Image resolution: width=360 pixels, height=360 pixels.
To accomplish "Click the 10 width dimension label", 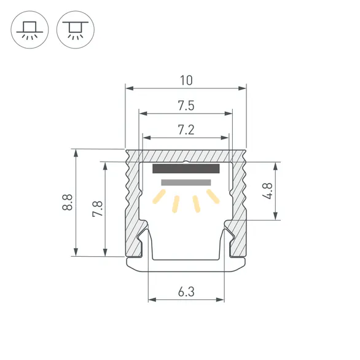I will coord(186,80).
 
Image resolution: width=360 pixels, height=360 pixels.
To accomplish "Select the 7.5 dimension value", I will coord(186,106).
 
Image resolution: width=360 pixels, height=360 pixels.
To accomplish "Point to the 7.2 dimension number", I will coord(186,129).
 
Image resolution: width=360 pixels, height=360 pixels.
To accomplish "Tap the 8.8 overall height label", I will coord(68,202).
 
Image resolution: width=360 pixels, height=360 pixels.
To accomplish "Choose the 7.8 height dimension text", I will coord(97,209).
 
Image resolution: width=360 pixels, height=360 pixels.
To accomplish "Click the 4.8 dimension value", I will coord(267,190).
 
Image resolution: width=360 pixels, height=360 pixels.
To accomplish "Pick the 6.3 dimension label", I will coord(186,292).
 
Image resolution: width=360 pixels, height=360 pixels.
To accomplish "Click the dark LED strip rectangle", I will coord(186,169).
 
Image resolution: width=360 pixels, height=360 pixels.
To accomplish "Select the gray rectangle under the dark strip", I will coord(186,182).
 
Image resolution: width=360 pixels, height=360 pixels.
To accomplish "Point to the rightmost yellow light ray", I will coord(213,197).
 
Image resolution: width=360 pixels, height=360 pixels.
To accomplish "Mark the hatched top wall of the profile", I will coord(186,155).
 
